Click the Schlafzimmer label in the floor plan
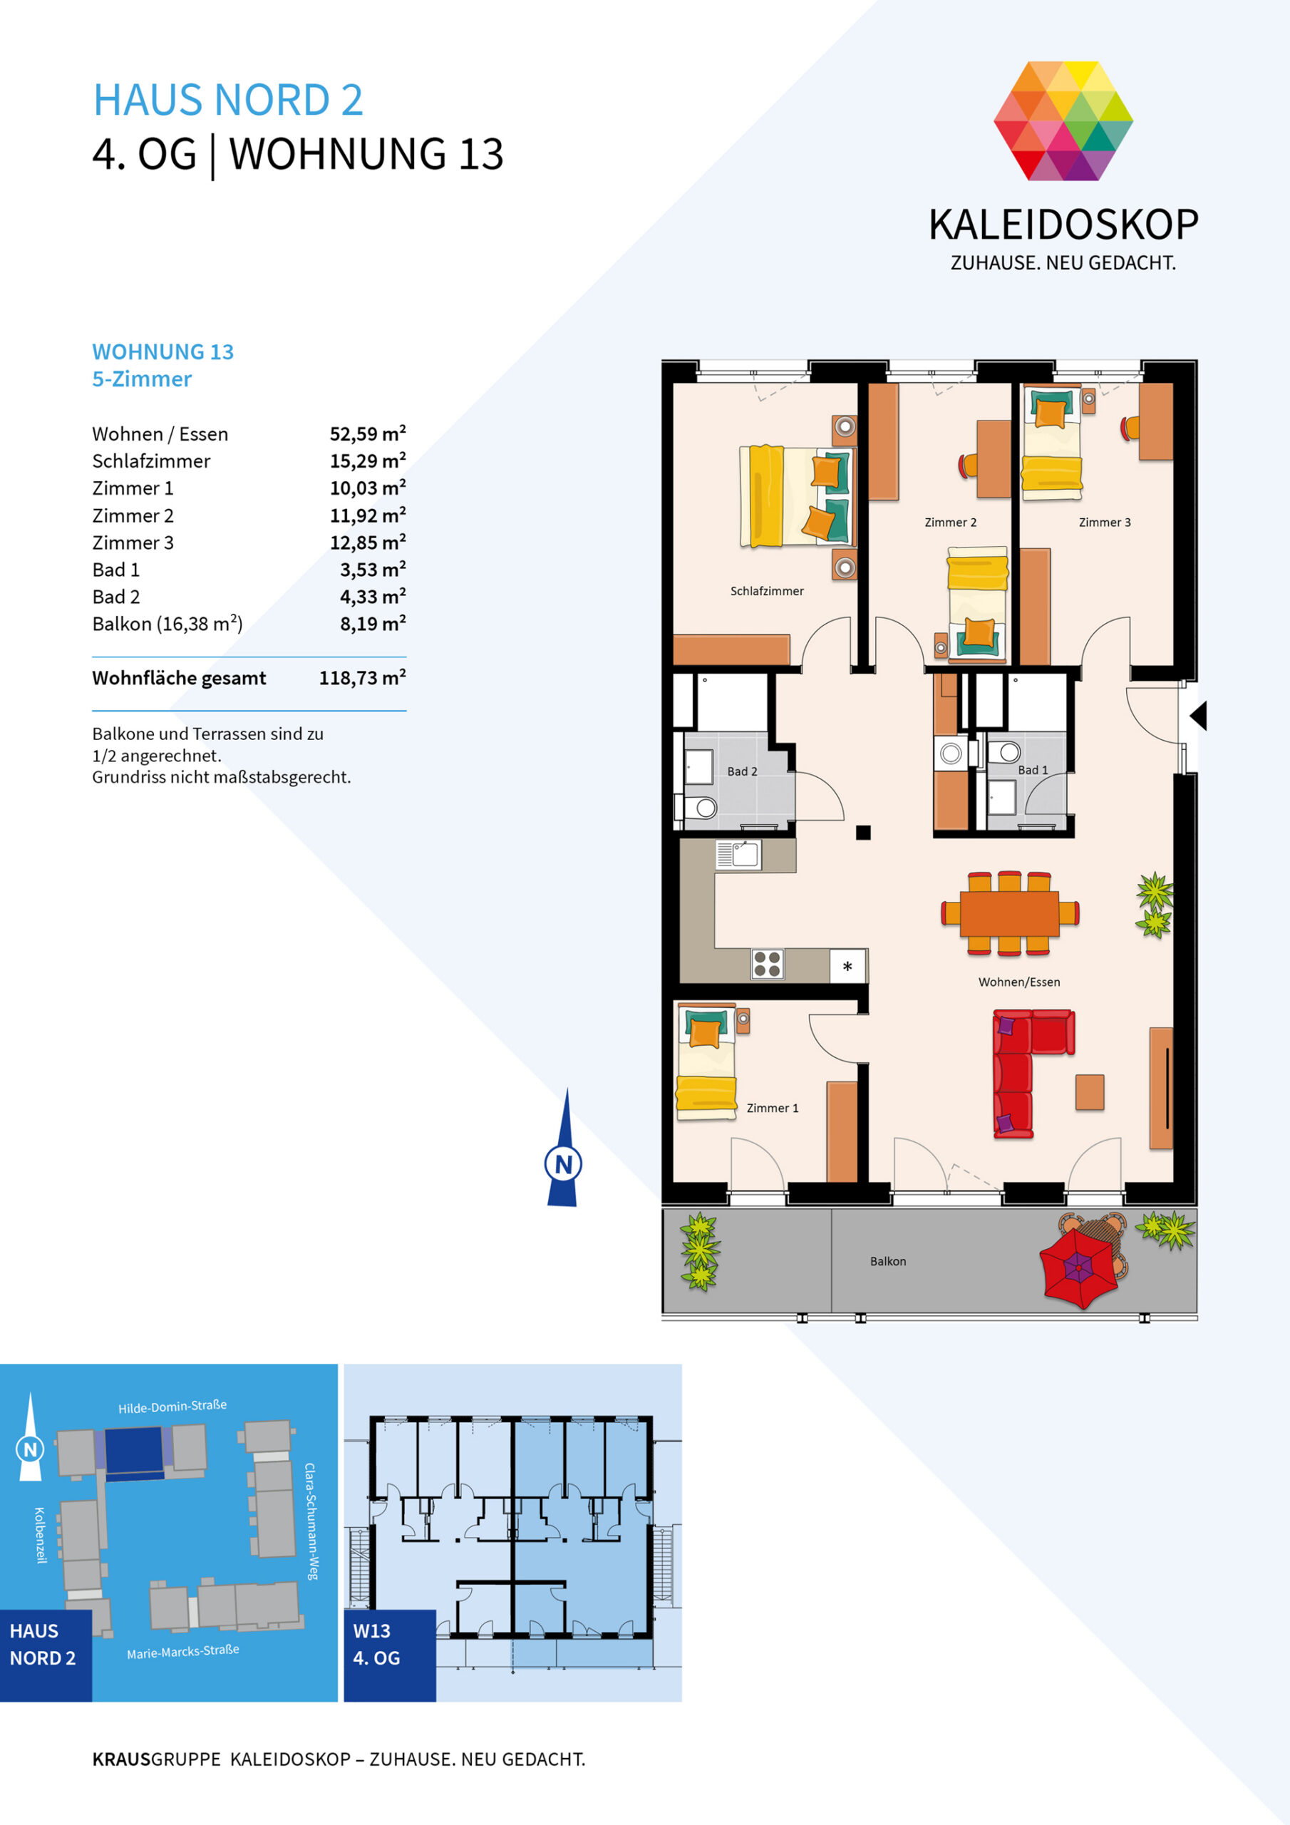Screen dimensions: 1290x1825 click(766, 590)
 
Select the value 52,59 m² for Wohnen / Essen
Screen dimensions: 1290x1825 click(367, 433)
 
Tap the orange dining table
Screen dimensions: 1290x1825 click(1008, 913)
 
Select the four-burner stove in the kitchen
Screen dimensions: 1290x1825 click(767, 964)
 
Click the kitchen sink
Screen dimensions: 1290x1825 click(738, 855)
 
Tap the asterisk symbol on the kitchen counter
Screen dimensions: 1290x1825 click(847, 967)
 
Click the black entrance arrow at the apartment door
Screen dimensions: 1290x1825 click(1199, 715)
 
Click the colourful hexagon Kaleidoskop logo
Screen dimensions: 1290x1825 click(1063, 120)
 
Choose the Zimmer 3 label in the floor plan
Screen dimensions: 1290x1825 click(1104, 523)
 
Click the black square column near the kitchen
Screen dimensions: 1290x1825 click(863, 832)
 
